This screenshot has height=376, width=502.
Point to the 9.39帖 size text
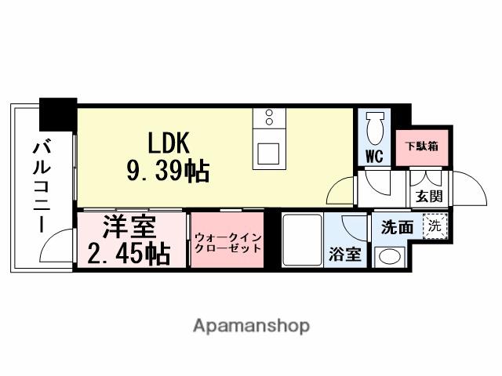click(x=168, y=170)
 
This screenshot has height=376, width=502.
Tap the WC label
click(x=374, y=156)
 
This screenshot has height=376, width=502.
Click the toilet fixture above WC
click(x=374, y=126)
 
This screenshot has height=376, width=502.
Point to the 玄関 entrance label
click(x=427, y=196)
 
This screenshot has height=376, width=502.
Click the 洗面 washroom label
click(x=397, y=228)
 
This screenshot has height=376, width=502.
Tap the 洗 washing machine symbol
click(x=433, y=226)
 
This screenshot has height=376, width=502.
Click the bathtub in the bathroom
click(x=299, y=240)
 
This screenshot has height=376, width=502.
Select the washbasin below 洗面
click(x=387, y=255)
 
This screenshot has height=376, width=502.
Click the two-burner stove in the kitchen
click(x=269, y=118)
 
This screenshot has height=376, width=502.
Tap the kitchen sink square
click(x=269, y=153)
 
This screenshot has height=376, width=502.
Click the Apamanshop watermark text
click(x=251, y=325)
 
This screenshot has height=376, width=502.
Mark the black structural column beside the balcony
click(x=58, y=114)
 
